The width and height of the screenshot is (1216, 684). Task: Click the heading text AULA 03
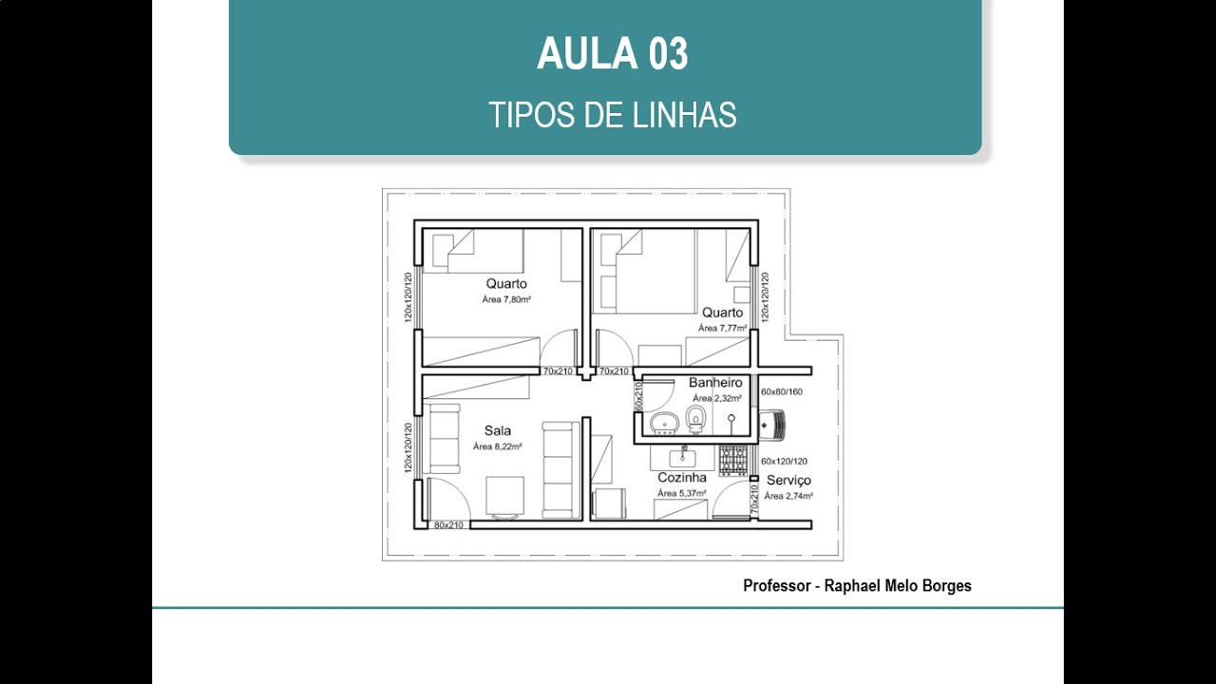coord(612,54)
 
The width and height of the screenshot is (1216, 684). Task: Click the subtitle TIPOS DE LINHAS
coord(612,115)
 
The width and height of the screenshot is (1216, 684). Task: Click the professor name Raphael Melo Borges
coord(895,586)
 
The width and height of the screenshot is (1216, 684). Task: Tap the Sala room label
coord(497,430)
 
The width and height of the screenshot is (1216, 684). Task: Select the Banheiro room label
coord(715,382)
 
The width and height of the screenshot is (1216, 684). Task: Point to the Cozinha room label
coord(682,478)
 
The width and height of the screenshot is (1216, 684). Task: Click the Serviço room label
coord(788,480)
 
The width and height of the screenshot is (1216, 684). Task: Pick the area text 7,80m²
coord(505,299)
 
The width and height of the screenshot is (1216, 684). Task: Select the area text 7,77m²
coord(722,328)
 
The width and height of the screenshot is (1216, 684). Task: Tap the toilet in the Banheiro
coord(696,417)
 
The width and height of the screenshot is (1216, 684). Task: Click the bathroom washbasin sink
coord(662,422)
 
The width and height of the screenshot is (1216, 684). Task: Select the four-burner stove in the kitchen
coord(732,461)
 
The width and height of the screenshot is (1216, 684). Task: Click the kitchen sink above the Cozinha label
coord(682,456)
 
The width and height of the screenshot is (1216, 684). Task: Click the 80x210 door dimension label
coord(448,525)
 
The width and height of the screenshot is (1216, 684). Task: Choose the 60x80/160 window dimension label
coord(782,391)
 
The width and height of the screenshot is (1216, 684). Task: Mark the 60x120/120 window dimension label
coord(784,461)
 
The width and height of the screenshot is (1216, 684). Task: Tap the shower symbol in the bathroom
coord(731,418)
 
